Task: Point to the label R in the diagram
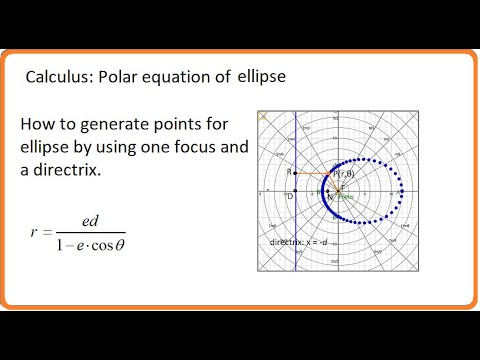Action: pos(289,172)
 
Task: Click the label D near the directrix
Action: pos(290,196)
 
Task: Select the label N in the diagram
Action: pos(331,197)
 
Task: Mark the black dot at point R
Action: pos(297,175)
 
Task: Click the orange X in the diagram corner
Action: pos(264,116)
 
